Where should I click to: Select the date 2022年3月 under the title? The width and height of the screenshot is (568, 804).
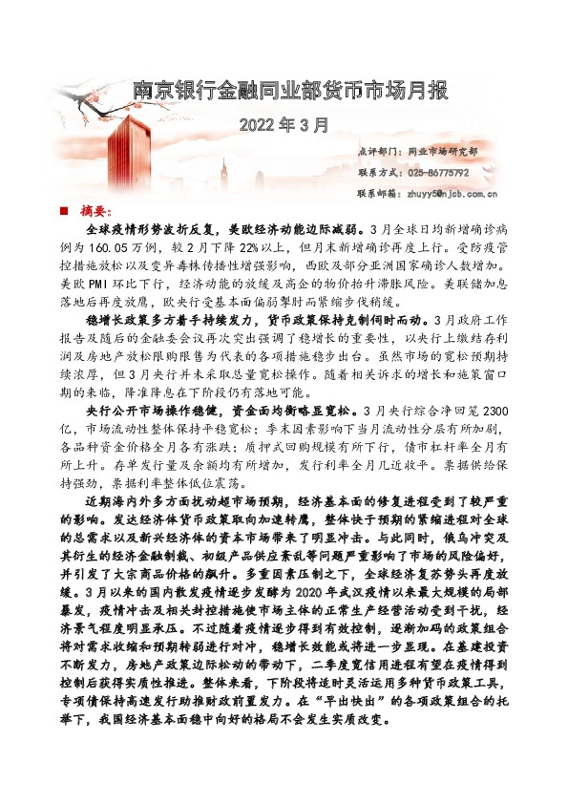coord(284,124)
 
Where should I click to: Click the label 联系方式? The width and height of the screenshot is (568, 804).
coord(378,173)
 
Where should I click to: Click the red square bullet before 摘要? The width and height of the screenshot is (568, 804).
coord(64,209)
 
